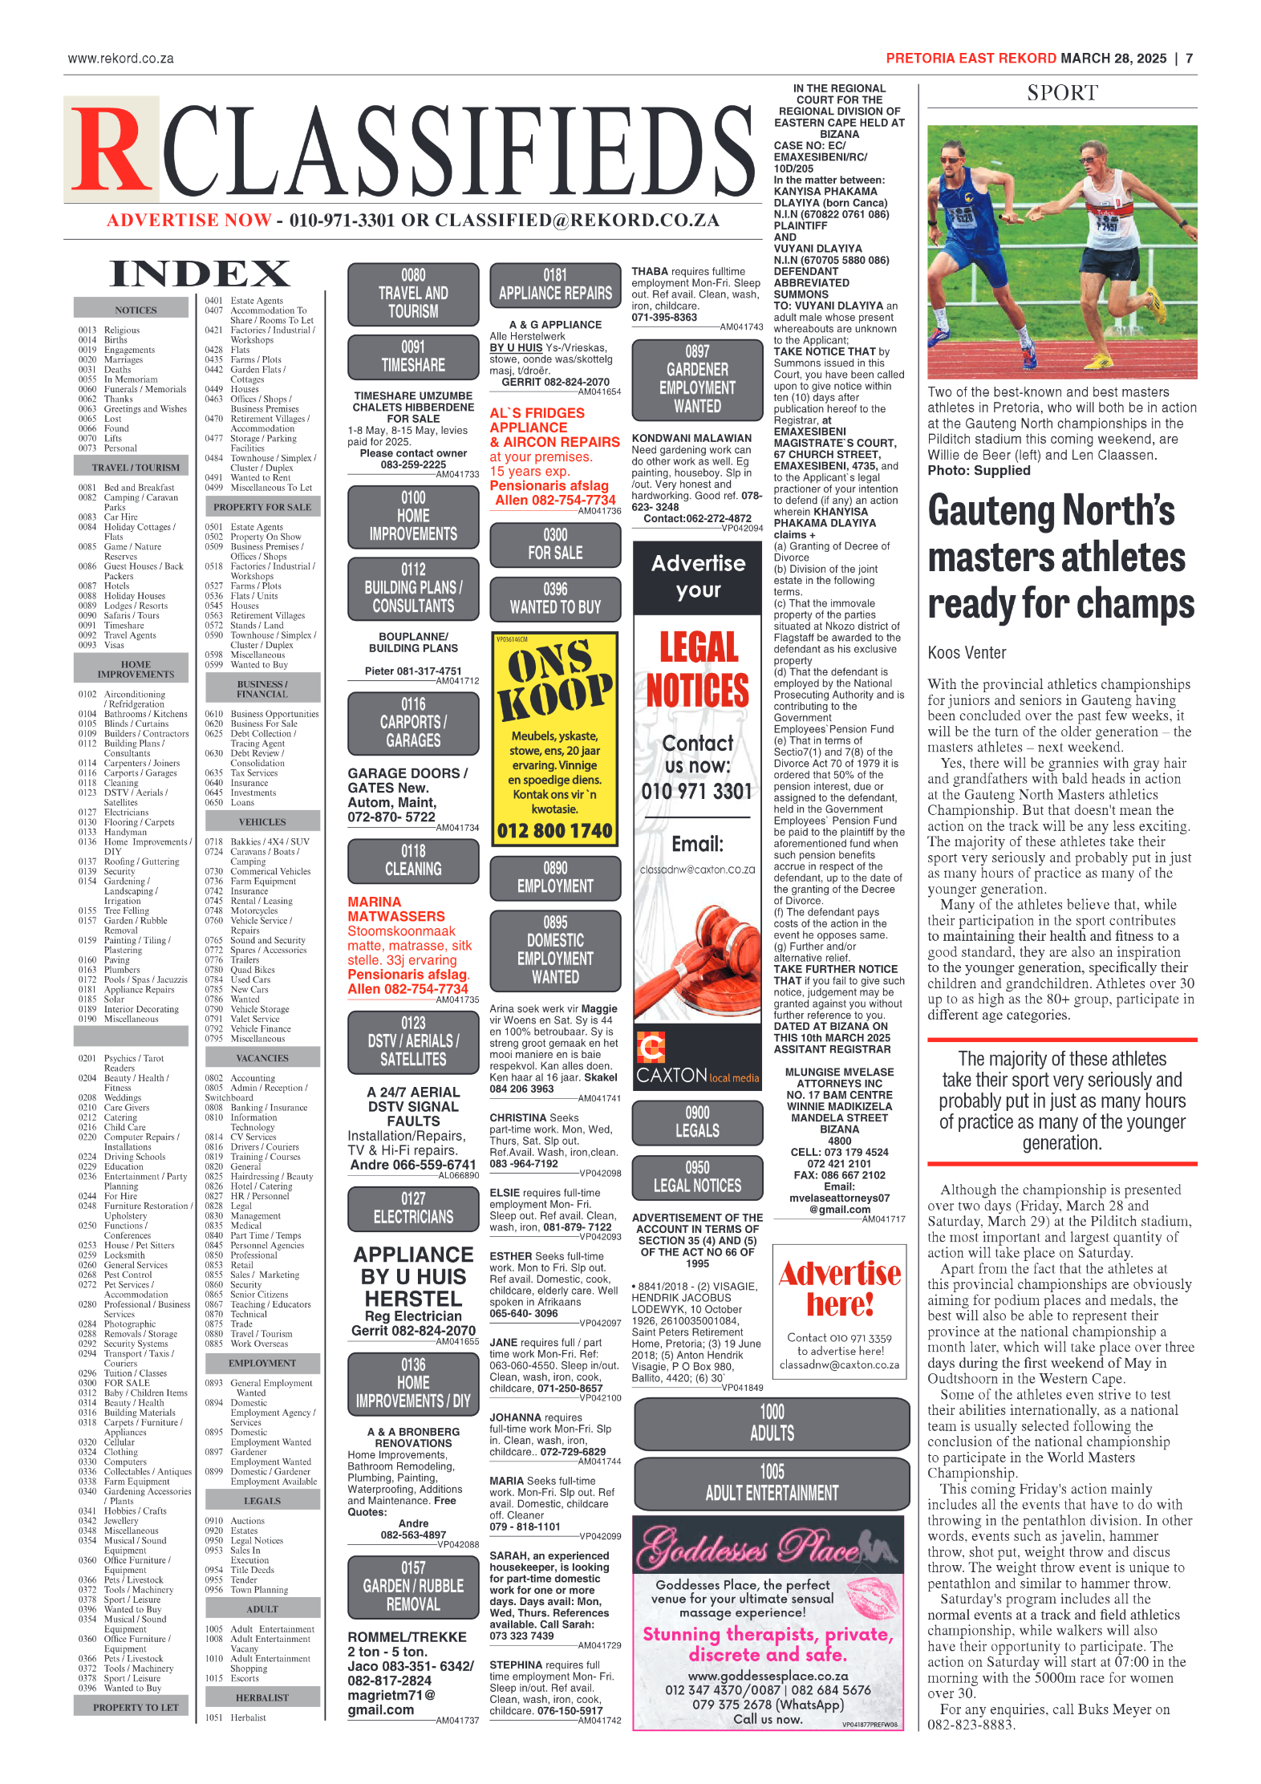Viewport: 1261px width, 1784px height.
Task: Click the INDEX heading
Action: coord(200,274)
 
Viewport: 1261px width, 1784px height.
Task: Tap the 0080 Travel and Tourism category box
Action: coord(413,294)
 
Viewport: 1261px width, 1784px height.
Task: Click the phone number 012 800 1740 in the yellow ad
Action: coord(554,831)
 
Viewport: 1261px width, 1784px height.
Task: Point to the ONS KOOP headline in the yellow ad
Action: coord(554,679)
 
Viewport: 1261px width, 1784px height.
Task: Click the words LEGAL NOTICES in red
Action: coord(698,669)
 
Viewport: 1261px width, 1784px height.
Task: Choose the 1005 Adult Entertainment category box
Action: coord(772,1483)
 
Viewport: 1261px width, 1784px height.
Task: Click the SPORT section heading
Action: coord(1062,93)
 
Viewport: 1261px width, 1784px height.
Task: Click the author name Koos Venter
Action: coord(967,653)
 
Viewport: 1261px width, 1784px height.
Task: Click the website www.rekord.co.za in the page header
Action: coord(121,59)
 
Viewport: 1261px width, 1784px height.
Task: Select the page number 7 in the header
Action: coord(1189,59)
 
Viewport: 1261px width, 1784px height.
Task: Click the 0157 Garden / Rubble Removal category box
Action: coord(413,1586)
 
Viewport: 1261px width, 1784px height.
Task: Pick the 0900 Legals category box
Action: coord(697,1121)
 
